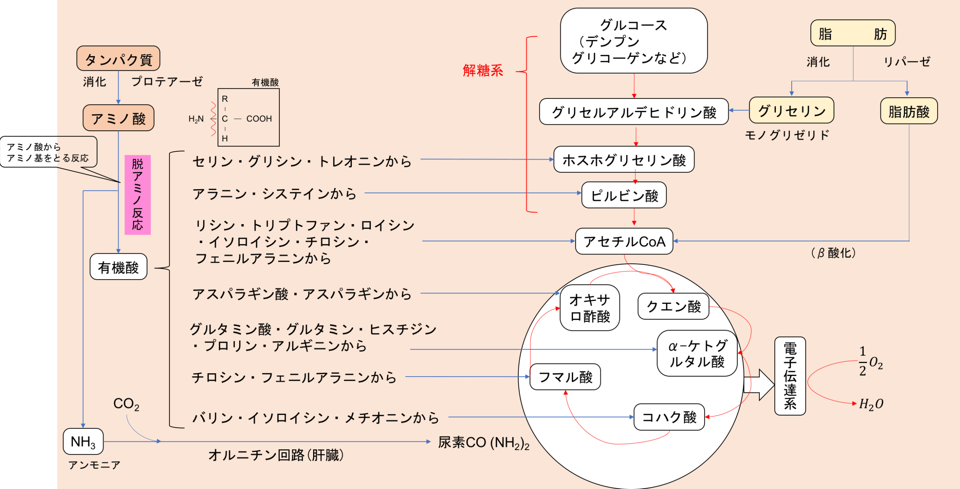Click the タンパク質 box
click(x=118, y=59)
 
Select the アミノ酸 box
click(x=118, y=118)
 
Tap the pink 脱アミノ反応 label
click(x=137, y=194)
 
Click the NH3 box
click(x=83, y=441)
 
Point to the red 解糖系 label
click(x=483, y=70)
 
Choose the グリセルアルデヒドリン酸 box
click(x=633, y=112)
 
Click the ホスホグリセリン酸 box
click(x=624, y=160)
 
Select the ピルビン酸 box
click(x=624, y=195)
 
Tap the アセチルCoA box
click(x=624, y=241)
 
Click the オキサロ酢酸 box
click(x=589, y=308)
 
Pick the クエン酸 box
click(x=673, y=306)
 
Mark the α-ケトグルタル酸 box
click(x=697, y=353)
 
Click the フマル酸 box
click(x=565, y=377)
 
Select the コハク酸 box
click(x=669, y=417)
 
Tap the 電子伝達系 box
click(x=790, y=376)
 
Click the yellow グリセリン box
click(x=791, y=111)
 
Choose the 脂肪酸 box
click(x=909, y=111)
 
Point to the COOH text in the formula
click(x=259, y=119)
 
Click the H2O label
click(x=871, y=404)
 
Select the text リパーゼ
click(x=907, y=61)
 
